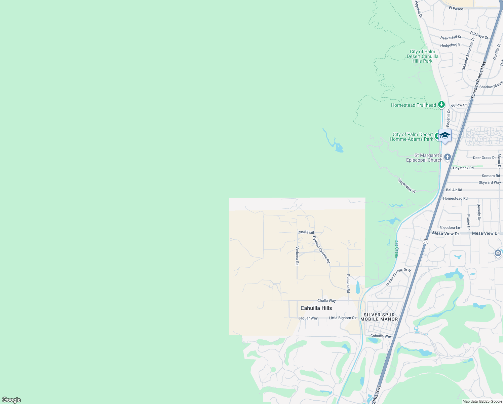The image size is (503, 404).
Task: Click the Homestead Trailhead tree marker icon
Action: coord(441,105)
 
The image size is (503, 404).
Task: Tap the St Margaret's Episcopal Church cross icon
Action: coord(447,157)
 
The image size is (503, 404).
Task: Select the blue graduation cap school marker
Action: coord(445,136)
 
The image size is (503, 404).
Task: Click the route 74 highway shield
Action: coord(426,242)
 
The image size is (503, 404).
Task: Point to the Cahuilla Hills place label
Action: coord(316,308)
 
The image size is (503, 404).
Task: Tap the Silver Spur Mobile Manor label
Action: coord(379,317)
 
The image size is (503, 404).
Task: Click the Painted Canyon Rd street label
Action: coord(321,249)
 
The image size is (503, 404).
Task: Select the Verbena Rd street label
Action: coord(297,256)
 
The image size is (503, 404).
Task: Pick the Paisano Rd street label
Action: coord(348,283)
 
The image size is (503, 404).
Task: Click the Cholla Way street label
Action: coord(326,301)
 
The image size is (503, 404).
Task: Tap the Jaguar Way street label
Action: coord(308,318)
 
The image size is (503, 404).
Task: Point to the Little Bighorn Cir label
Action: coord(343,318)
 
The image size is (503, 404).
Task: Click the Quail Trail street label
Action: coord(306,232)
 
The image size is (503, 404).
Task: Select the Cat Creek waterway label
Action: coord(396,249)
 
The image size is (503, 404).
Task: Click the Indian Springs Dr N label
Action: coord(398,277)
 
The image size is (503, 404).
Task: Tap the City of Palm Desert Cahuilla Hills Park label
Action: coord(423,56)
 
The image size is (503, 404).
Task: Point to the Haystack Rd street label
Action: coord(463,168)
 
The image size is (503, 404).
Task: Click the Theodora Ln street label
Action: coord(450,228)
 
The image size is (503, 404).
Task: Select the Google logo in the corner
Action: coord(11,400)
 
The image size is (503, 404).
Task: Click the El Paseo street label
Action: coord(456,9)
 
